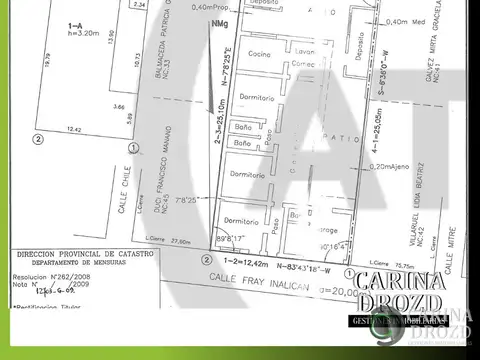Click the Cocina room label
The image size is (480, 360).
pos(261,52)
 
